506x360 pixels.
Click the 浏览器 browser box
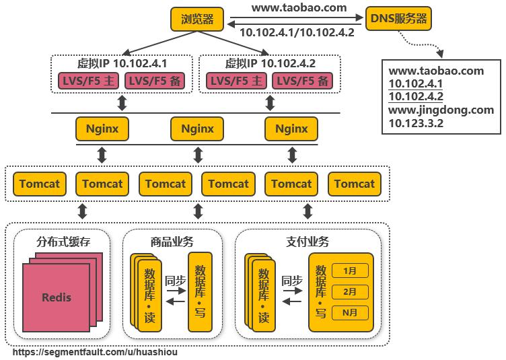[196, 19]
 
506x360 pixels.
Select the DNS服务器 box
[398, 19]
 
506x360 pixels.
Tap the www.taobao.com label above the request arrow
[299, 8]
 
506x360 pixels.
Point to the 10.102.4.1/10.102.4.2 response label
[297, 32]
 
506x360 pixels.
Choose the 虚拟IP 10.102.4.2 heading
[270, 63]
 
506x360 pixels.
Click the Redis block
[57, 297]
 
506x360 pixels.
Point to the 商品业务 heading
[172, 241]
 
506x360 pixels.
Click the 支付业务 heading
[308, 241]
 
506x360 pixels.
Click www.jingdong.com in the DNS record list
[441, 110]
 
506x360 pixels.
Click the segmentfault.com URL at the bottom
[96, 352]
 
